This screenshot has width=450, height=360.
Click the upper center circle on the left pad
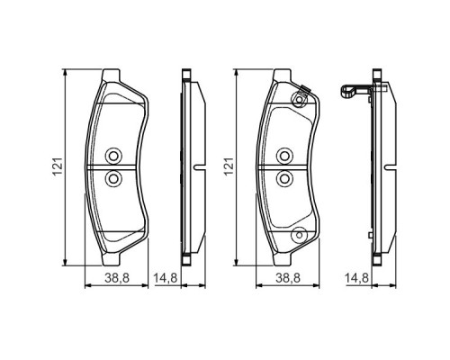tap(113, 155)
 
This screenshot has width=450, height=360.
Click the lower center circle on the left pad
tap(113, 179)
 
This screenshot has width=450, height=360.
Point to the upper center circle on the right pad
tap(283, 155)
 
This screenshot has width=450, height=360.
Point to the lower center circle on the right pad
tap(283, 179)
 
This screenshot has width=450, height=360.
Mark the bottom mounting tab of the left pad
tap(113, 258)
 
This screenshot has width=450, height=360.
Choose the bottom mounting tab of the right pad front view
tap(283, 258)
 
